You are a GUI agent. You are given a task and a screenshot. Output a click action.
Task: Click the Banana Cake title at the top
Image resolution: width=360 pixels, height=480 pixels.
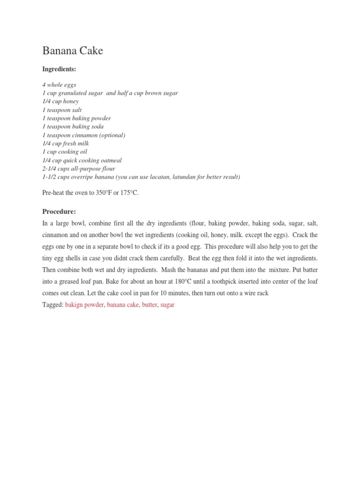(x=73, y=51)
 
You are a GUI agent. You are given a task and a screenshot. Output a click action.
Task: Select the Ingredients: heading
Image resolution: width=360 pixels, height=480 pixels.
(x=59, y=69)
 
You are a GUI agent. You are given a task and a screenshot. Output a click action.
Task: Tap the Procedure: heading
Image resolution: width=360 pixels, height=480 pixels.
(x=59, y=211)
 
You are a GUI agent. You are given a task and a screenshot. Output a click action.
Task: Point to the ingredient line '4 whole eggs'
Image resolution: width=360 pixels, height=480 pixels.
(x=59, y=85)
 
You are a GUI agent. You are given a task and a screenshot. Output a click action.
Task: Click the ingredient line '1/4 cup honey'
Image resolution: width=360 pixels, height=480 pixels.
(x=60, y=101)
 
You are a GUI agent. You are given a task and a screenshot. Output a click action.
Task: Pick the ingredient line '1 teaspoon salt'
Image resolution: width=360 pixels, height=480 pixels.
(x=62, y=110)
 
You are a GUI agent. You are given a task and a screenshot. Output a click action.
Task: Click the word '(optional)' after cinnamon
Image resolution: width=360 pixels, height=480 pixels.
(x=109, y=135)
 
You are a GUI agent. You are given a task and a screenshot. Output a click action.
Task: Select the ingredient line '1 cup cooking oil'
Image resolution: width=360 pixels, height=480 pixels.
(x=65, y=152)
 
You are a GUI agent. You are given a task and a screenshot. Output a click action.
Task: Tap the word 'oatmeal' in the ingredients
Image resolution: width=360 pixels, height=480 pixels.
(x=110, y=160)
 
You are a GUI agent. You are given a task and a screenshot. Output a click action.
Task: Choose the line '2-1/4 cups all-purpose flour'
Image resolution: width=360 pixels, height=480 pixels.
(x=79, y=169)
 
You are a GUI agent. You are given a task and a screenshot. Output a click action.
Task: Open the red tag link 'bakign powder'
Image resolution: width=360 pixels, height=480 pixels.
(x=84, y=305)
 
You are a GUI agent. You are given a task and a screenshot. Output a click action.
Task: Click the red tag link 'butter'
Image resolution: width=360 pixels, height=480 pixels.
(x=150, y=305)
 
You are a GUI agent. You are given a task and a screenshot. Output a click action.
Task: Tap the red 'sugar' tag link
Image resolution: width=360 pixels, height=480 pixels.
(x=167, y=305)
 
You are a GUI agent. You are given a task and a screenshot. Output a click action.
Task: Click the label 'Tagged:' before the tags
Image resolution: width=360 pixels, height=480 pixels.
(x=52, y=305)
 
